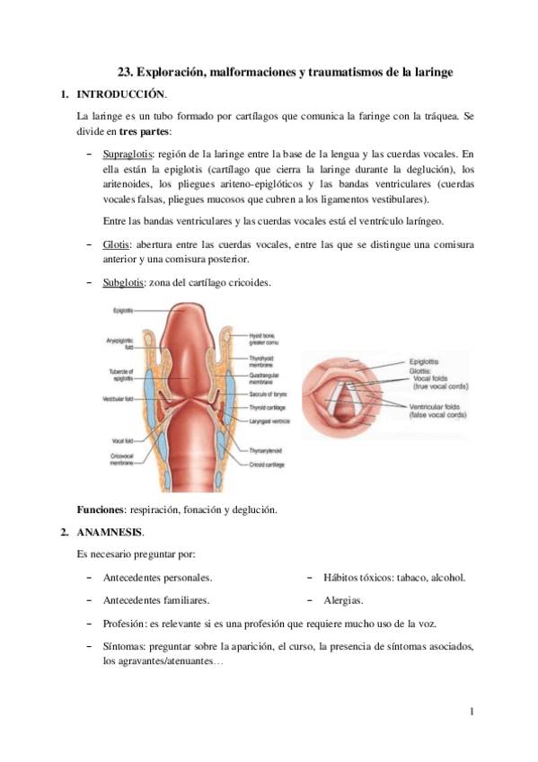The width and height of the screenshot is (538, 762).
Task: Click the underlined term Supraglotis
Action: tap(126, 154)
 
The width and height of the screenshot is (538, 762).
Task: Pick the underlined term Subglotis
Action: tap(123, 283)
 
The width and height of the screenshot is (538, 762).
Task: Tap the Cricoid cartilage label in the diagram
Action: tap(267, 465)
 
